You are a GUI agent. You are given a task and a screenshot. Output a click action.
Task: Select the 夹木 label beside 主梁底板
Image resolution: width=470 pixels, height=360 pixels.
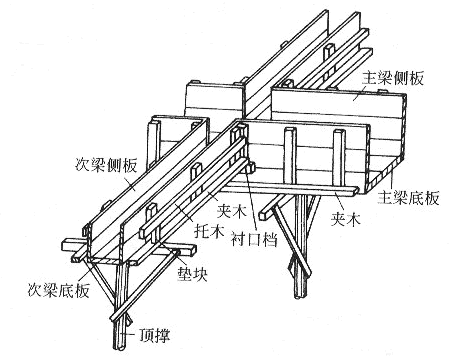[x=346, y=214]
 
